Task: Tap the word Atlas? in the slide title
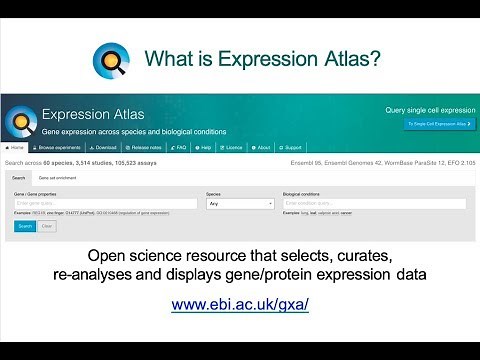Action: pos(344,60)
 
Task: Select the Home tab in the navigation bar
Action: pos(13,148)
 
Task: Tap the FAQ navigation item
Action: pos(181,148)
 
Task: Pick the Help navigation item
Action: pos(203,148)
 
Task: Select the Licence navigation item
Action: pos(231,148)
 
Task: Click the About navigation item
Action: pos(262,148)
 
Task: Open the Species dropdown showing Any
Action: pos(239,204)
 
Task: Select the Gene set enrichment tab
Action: pos(56,178)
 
